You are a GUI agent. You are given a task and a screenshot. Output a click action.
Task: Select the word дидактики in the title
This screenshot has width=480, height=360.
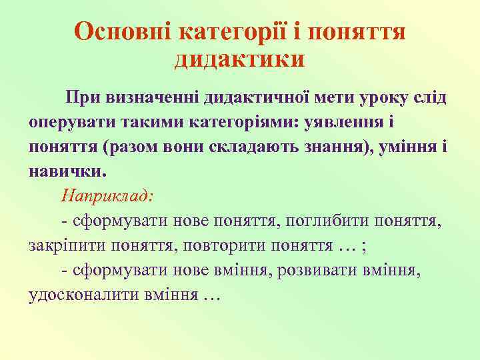[x=240, y=59]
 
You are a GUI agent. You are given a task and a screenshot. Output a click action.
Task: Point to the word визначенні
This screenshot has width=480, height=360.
[x=151, y=99]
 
